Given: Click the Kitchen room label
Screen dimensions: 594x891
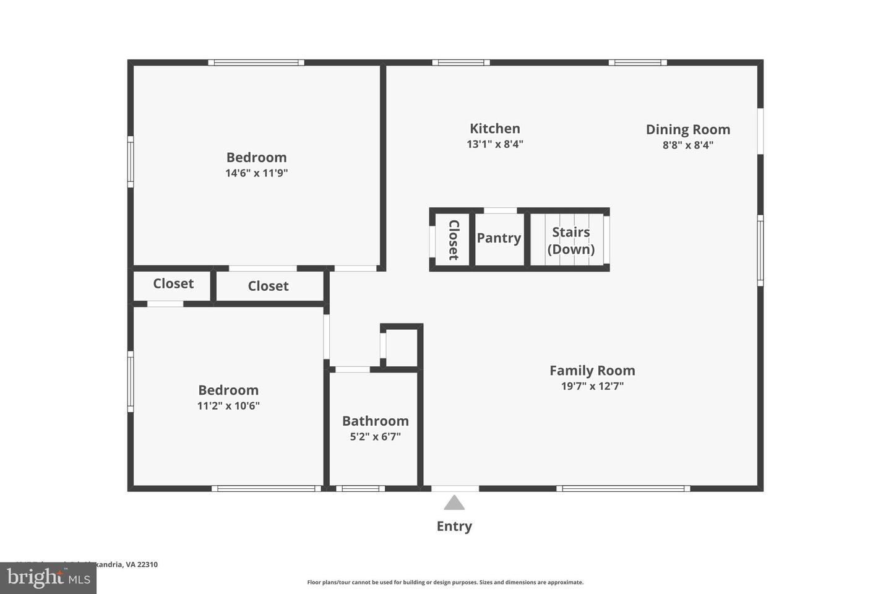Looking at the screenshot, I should coord(494,129).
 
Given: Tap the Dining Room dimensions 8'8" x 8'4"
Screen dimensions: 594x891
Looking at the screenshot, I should coord(687,145).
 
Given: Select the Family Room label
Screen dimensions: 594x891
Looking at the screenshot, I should coord(592,371).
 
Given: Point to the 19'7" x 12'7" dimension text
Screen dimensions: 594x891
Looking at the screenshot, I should coord(592,386).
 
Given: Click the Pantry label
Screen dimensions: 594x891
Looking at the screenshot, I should coord(499,238).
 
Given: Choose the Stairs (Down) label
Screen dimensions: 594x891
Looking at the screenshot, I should coord(570,241).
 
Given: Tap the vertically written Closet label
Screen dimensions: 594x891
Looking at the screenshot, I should coord(453,239).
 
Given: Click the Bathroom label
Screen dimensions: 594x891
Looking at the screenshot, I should coord(375,421).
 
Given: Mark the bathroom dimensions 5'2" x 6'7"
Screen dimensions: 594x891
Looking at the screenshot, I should coord(375,437).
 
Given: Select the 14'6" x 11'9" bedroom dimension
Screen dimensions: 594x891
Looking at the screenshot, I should coord(256,173).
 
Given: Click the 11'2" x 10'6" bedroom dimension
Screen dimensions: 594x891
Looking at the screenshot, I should coord(228,406).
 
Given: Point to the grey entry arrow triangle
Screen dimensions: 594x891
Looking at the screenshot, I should coord(454,502).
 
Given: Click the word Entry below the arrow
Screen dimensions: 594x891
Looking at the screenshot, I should coord(454,527).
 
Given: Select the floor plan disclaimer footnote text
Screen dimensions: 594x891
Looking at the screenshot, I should coord(445,582).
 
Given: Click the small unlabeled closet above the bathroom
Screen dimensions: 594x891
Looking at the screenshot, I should coord(402,347).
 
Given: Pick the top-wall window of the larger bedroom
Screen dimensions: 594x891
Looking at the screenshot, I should coord(256,62).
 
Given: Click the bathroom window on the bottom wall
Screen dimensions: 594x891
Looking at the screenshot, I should coord(360,489).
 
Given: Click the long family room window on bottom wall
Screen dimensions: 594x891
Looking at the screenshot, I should coord(623,489).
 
